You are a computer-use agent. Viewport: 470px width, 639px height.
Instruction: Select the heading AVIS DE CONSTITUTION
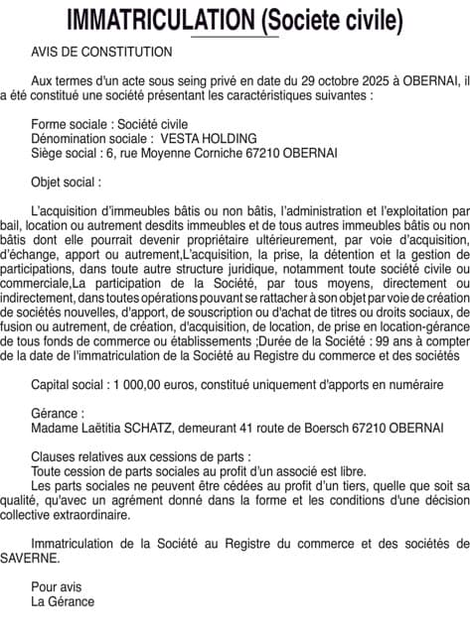point(101,52)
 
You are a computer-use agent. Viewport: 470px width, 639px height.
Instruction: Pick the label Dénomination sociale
point(92,138)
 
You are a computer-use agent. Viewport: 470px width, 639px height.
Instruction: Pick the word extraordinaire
point(133,513)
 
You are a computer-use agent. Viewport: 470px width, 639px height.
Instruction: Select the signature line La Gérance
point(64,600)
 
